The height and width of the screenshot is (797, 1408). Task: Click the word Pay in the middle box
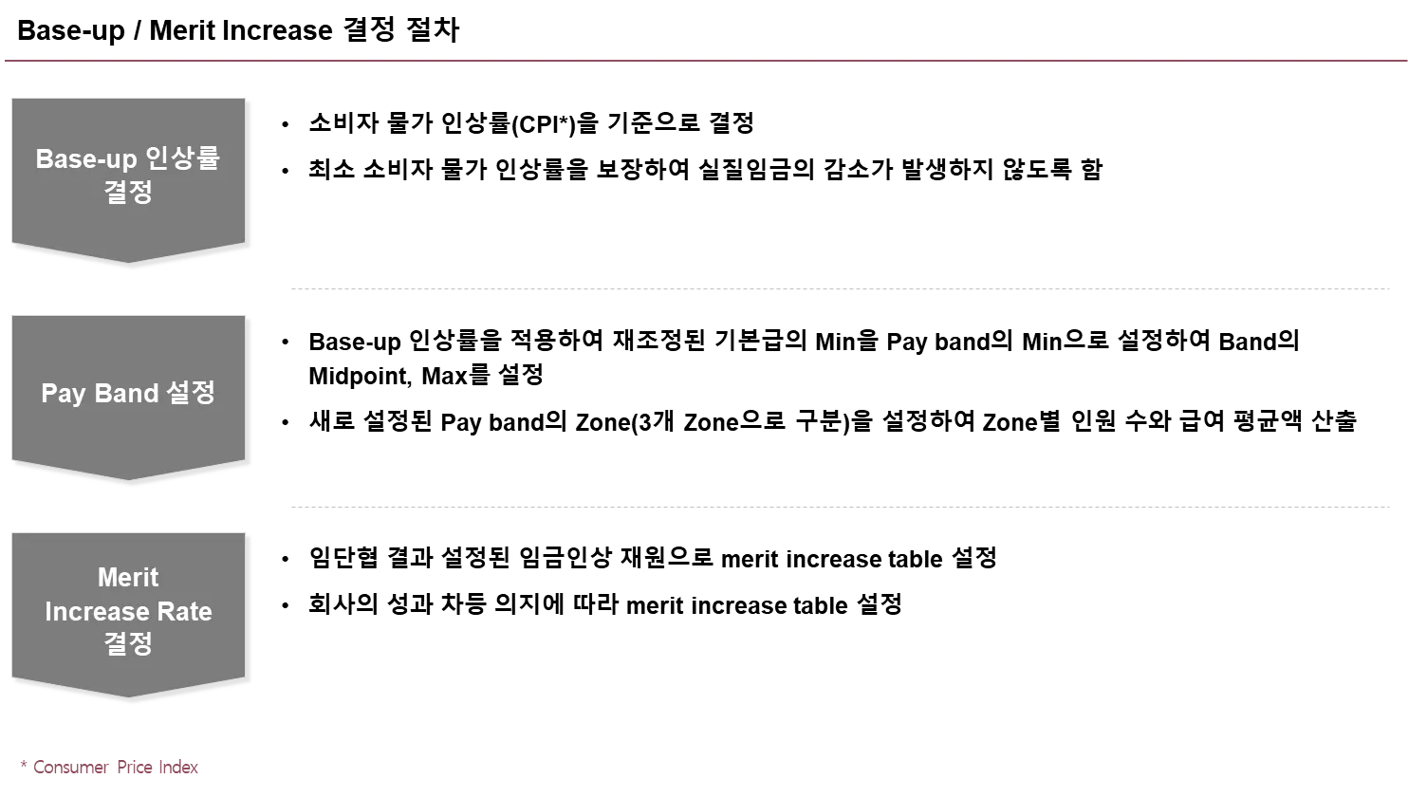[x=64, y=393]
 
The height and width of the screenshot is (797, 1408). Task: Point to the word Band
[x=126, y=393]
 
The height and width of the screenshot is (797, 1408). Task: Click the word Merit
[x=128, y=578]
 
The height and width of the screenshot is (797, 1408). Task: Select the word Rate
[x=185, y=612]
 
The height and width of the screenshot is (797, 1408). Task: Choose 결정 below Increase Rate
[x=128, y=643]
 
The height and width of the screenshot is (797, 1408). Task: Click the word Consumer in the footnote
[x=70, y=767]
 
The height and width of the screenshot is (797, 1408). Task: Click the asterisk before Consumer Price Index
[x=22, y=764]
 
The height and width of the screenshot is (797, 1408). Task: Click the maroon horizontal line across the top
[x=704, y=62]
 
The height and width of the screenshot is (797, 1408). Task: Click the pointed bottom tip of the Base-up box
[x=129, y=263]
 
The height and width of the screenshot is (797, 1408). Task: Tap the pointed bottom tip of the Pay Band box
[x=129, y=480]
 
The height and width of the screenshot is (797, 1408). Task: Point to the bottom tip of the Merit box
[x=129, y=697]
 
